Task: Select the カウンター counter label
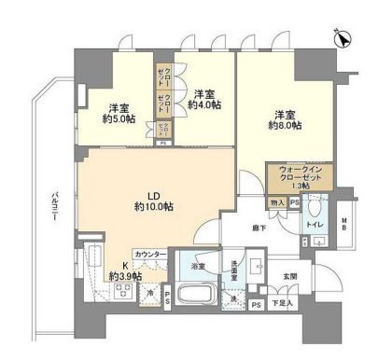[150, 255]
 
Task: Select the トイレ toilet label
[316, 227]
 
